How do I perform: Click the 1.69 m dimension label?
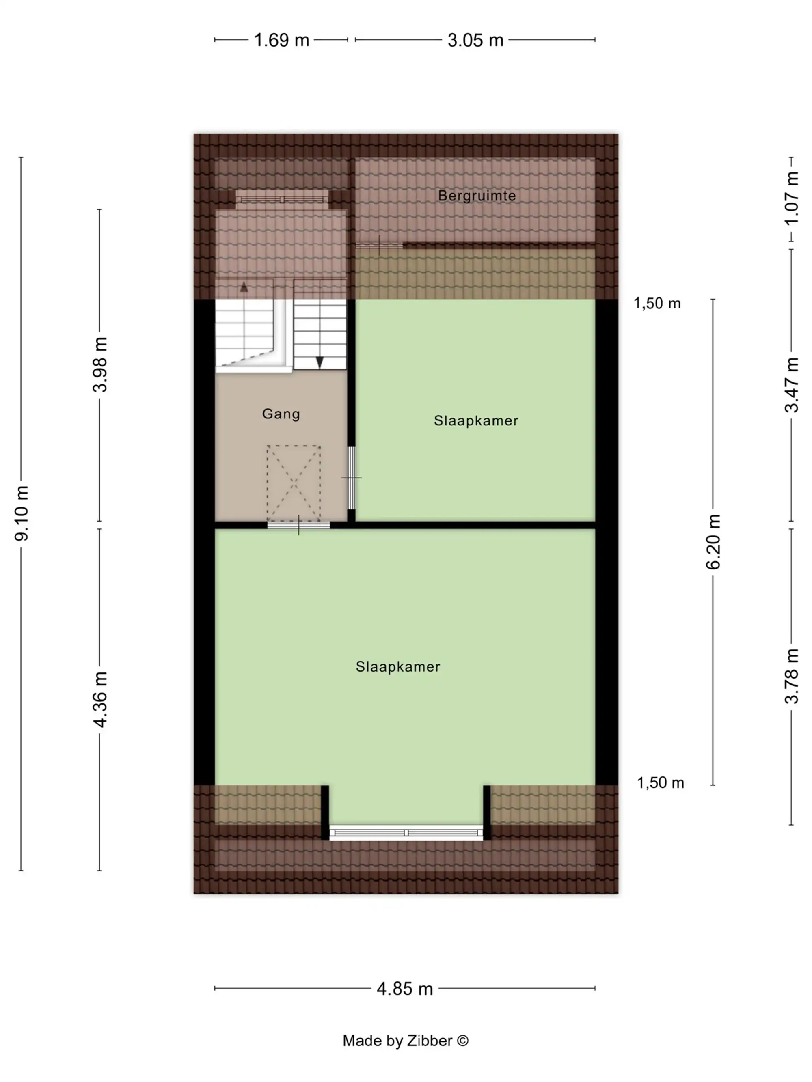pos(281,40)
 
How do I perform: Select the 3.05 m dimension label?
pos(475,40)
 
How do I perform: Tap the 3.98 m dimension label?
pos(100,364)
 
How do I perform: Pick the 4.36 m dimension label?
pos(100,699)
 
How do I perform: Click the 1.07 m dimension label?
pos(791,198)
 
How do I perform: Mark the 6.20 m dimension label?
pos(713,541)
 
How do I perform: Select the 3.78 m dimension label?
pos(791,676)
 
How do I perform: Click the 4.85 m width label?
pos(405,989)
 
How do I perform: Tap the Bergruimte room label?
pos(477,196)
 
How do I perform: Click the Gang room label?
pos(281,414)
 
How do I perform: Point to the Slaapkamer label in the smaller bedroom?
pos(476,421)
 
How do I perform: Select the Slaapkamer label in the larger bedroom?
pos(398,667)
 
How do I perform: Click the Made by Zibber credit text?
pos(405,1041)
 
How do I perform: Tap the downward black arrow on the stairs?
pos(320,362)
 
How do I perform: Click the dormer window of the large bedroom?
pos(406,832)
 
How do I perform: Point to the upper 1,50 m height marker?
pos(657,304)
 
